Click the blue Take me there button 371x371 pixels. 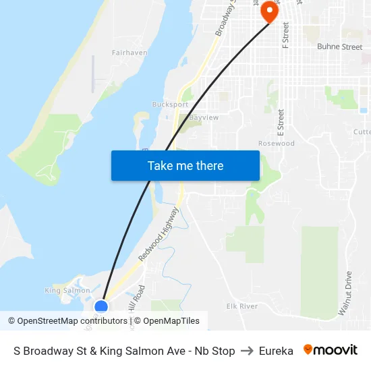[x=185, y=165]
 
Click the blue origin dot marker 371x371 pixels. [x=101, y=307]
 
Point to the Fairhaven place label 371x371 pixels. [x=130, y=52]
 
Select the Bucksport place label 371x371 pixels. [x=171, y=105]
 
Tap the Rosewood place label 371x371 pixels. [x=277, y=143]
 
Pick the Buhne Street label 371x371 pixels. [x=339, y=47]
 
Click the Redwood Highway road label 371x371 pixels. [x=159, y=235]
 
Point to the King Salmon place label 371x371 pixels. [x=67, y=291]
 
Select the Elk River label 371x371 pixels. [x=242, y=306]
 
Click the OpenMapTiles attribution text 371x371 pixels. [x=171, y=321]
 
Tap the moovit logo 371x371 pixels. [x=331, y=350]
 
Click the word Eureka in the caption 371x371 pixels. [x=276, y=351]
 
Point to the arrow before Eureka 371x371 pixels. [x=247, y=351]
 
